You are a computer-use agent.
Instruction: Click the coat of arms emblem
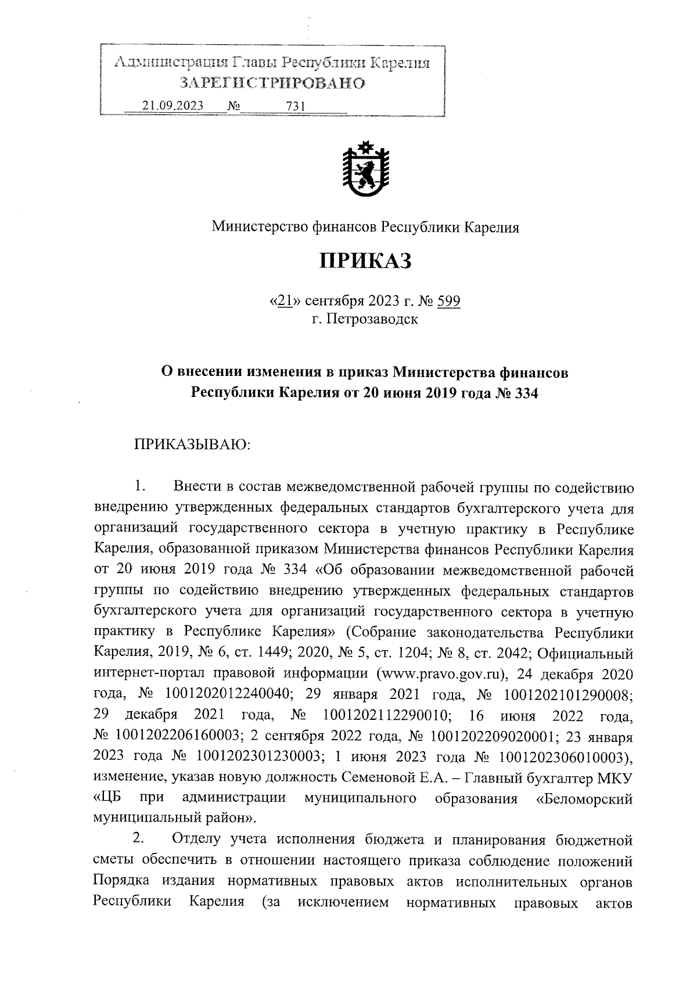[x=365, y=168]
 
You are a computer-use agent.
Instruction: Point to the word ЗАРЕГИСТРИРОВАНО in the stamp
[x=272, y=83]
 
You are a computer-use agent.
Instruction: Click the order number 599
[x=448, y=301]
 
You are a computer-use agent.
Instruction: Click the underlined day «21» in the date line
[x=284, y=301]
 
